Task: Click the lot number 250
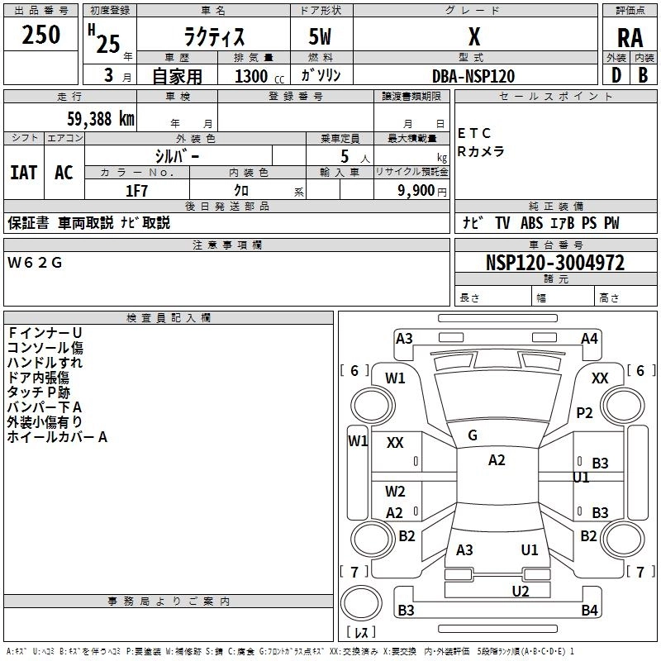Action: (x=40, y=36)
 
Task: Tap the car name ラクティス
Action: (x=212, y=37)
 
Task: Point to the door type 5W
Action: (x=321, y=38)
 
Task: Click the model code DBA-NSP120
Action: (x=473, y=76)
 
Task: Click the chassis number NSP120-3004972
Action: (x=554, y=264)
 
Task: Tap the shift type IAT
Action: (x=23, y=173)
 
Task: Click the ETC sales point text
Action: (x=474, y=133)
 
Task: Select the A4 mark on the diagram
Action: (x=589, y=338)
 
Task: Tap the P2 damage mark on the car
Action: (x=585, y=413)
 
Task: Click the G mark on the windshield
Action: (x=473, y=435)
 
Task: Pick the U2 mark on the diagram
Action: (x=520, y=590)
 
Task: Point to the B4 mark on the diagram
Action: (x=589, y=611)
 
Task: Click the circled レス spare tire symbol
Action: (x=361, y=633)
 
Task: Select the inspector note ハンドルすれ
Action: (x=45, y=362)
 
